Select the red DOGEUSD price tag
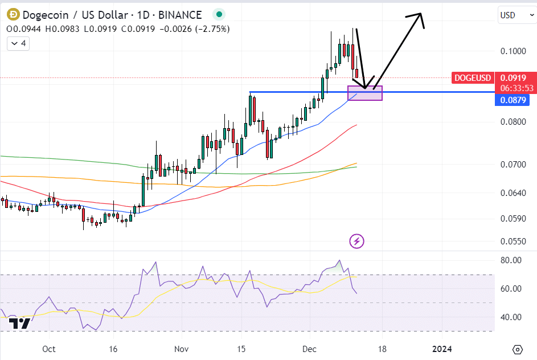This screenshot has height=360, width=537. [x=472, y=77]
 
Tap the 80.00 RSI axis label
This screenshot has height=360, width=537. [x=510, y=260]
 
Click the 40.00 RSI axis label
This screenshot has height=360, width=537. [x=510, y=317]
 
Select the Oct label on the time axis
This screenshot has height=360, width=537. [x=48, y=349]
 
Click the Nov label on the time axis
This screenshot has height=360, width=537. [x=181, y=349]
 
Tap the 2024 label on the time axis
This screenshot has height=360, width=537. [x=442, y=349]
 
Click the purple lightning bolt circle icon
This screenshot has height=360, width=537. [x=356, y=241]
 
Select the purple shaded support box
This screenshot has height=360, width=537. [x=365, y=93]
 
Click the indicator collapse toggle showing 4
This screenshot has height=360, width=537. [x=19, y=43]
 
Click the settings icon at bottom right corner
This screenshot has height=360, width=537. [x=517, y=349]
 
